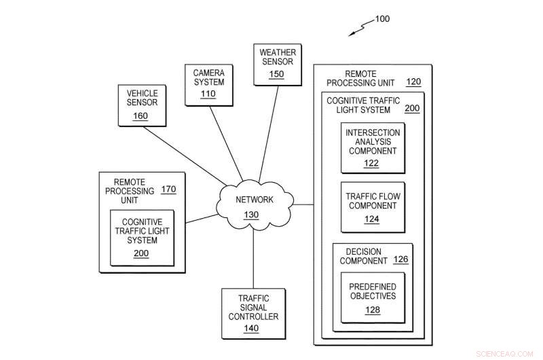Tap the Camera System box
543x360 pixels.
(x=208, y=84)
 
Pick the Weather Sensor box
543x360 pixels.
(x=276, y=64)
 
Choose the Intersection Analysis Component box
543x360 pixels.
(x=373, y=147)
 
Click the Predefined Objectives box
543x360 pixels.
(x=373, y=298)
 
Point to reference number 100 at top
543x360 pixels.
(x=381, y=19)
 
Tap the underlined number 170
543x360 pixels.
(x=168, y=190)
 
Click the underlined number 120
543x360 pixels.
(x=413, y=82)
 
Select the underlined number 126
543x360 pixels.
(x=400, y=259)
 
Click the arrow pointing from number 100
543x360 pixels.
(x=360, y=29)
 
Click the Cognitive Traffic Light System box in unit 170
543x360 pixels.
(x=142, y=238)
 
